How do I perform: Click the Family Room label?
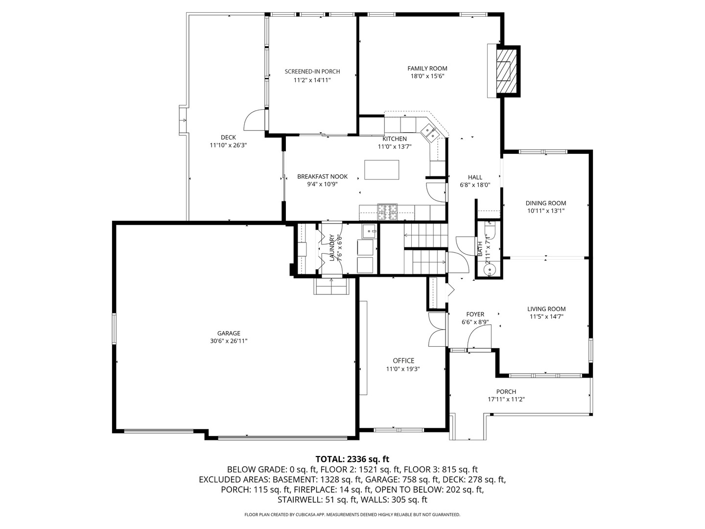click(427, 69)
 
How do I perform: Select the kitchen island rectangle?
click(381, 170)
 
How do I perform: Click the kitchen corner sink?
click(430, 132)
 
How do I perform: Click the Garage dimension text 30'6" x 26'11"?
click(229, 341)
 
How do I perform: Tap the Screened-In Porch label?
click(312, 72)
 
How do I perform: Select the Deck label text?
click(228, 138)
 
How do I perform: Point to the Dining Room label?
click(545, 203)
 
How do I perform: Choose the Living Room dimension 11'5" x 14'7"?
click(546, 316)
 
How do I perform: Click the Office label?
click(403, 361)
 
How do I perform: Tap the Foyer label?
click(475, 314)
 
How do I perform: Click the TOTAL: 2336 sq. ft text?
click(352, 459)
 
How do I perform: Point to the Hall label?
click(475, 177)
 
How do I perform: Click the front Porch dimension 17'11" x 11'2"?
click(506, 399)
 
